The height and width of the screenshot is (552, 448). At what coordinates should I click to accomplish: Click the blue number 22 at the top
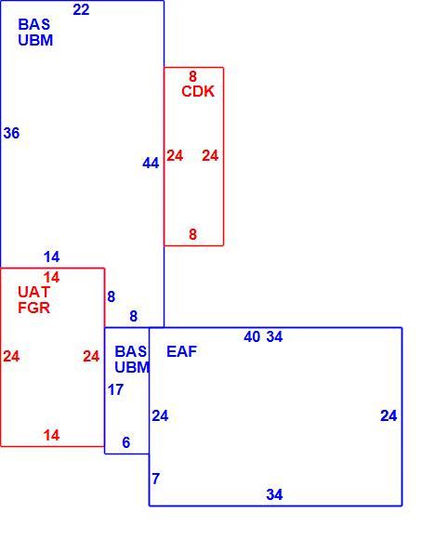click(81, 9)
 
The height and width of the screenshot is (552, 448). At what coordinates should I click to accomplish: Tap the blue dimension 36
click(12, 133)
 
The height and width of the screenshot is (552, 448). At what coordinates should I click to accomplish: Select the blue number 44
click(151, 163)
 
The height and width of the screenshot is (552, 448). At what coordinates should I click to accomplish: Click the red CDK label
click(198, 91)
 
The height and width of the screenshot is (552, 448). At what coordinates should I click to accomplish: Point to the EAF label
click(181, 351)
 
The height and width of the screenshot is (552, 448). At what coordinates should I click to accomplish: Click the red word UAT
click(33, 292)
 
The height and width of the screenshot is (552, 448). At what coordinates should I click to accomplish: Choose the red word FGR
click(33, 308)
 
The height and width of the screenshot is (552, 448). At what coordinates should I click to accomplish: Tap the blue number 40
click(252, 336)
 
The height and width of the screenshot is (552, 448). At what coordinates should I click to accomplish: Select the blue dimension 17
click(115, 389)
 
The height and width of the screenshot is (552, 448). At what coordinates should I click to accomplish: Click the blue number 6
click(126, 442)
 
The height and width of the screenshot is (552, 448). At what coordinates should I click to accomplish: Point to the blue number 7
click(156, 479)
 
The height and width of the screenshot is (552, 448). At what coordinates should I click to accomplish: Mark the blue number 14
click(51, 257)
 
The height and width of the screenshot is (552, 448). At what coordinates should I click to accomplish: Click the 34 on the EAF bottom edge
click(274, 494)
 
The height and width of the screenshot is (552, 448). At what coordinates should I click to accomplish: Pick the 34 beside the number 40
click(274, 336)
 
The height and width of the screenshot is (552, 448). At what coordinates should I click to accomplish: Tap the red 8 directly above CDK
click(192, 76)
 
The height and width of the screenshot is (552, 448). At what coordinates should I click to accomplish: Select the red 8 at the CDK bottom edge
click(192, 234)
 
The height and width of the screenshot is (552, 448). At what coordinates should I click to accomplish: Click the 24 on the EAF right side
click(389, 415)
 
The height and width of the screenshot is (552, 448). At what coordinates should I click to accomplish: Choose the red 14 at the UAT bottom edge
click(51, 436)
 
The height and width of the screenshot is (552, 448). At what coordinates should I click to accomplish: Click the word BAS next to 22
click(33, 24)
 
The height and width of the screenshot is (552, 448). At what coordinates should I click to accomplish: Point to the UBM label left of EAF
click(132, 367)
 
